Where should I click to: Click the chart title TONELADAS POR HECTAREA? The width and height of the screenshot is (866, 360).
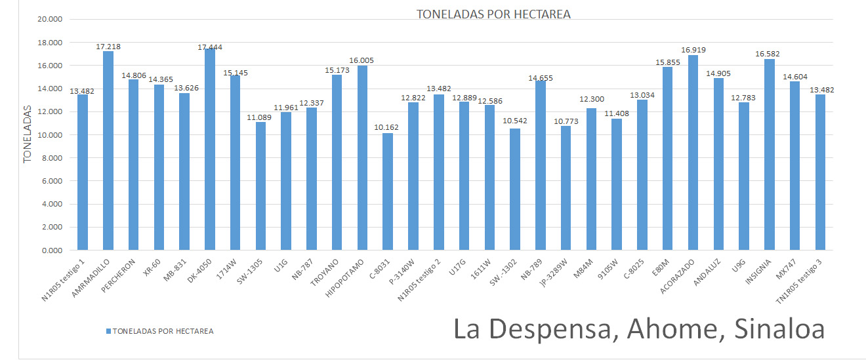(x=493, y=14)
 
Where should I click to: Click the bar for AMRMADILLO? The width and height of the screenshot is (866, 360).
(x=108, y=151)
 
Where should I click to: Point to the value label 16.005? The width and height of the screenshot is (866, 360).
(x=362, y=60)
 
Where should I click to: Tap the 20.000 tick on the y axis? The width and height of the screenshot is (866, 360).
(x=51, y=20)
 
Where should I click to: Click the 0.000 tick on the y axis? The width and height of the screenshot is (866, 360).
(x=52, y=250)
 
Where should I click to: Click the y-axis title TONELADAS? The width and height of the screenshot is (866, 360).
(x=28, y=135)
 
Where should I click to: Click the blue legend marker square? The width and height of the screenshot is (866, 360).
(x=108, y=331)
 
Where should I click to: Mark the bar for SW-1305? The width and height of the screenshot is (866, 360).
(x=261, y=186)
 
